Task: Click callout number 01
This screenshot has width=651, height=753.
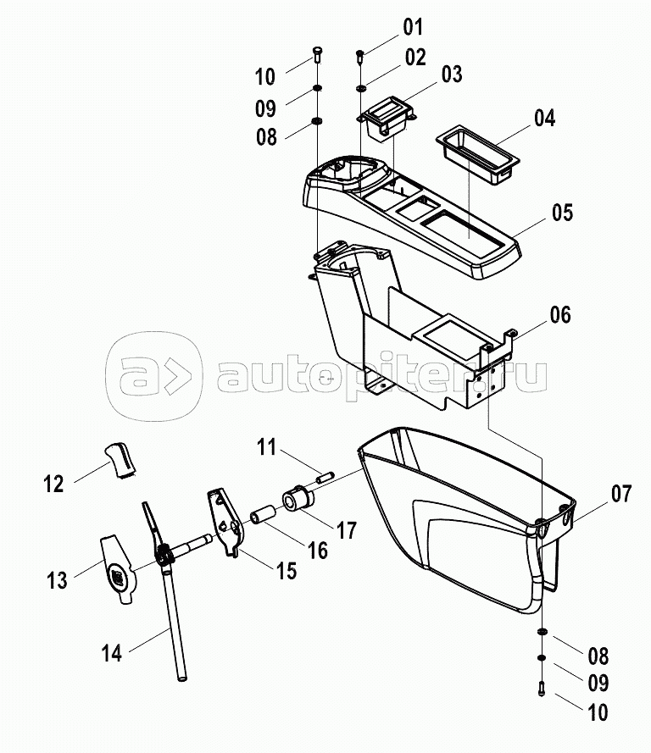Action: (x=412, y=27)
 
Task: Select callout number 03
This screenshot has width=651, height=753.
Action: (x=451, y=75)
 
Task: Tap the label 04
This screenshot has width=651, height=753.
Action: (x=543, y=118)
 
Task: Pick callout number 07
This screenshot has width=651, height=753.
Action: (x=621, y=493)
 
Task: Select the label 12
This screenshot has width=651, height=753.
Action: (x=53, y=484)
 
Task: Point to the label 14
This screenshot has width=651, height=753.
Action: (x=111, y=652)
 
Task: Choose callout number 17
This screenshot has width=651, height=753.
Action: (x=345, y=530)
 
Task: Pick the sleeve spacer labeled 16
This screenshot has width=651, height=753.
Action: (x=262, y=516)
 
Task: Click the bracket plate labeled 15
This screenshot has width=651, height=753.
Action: (x=224, y=520)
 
